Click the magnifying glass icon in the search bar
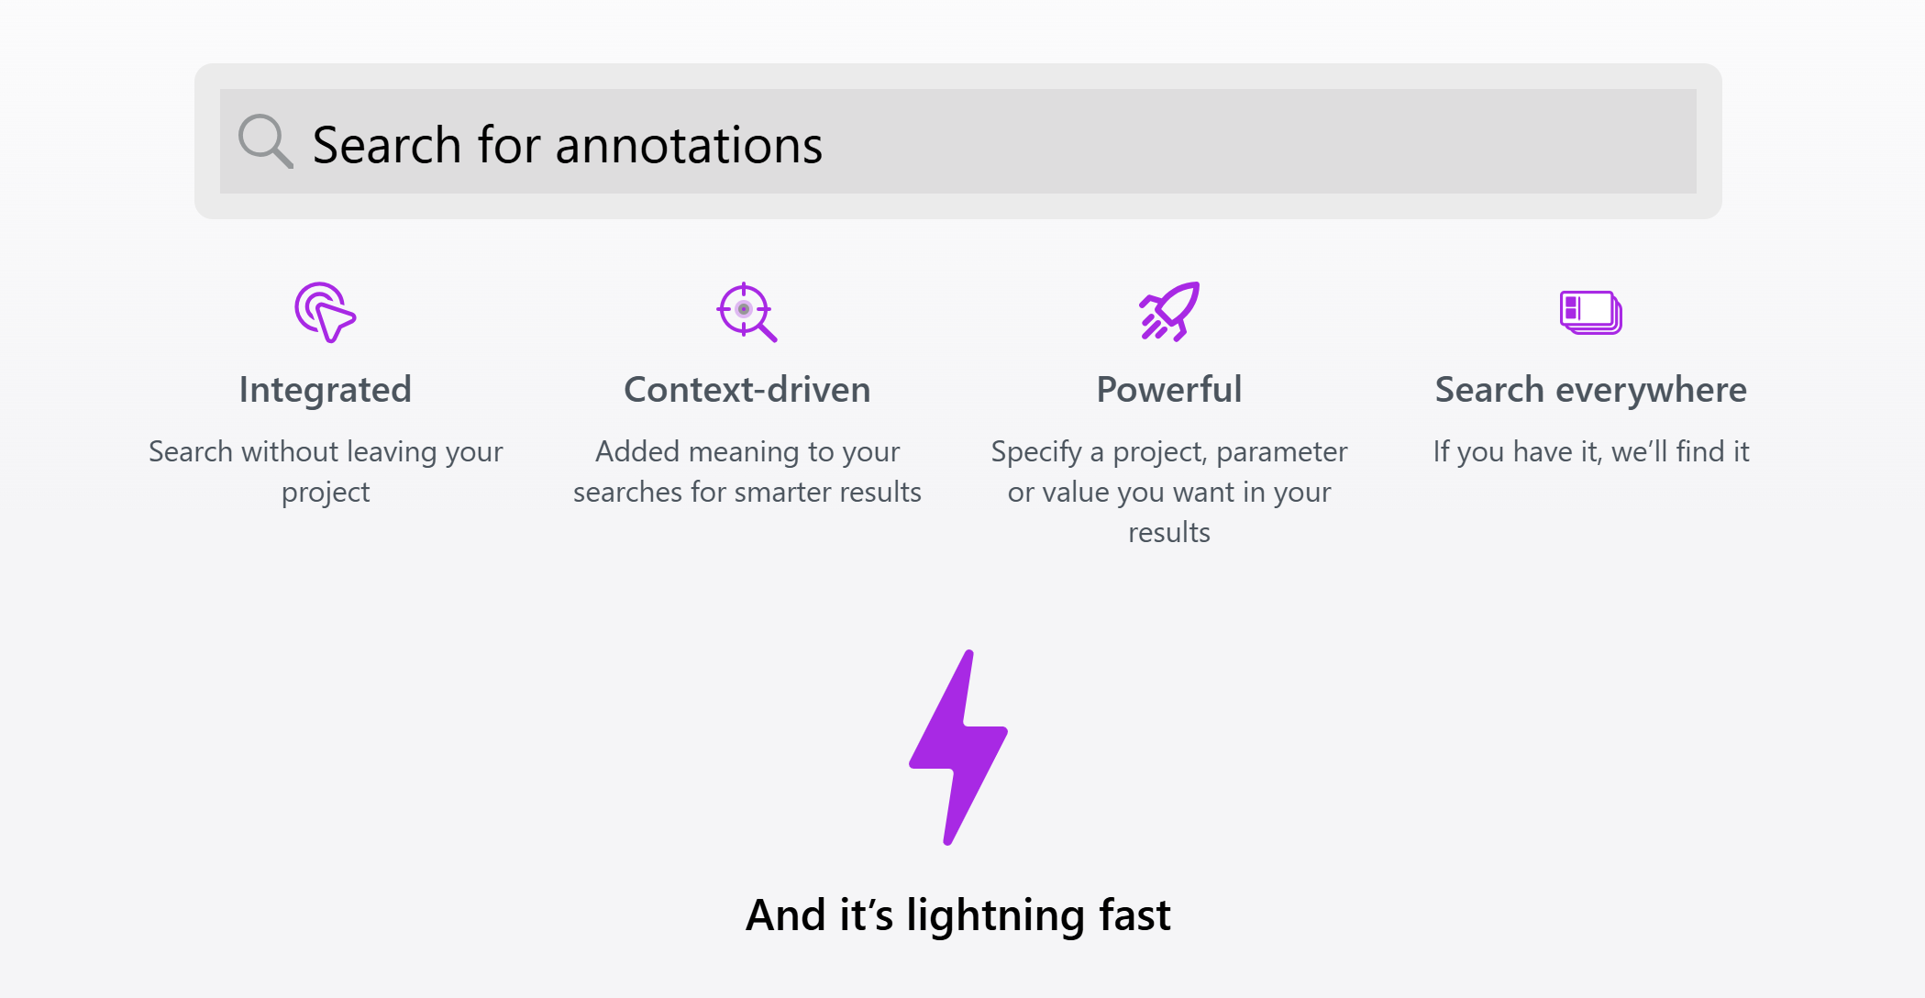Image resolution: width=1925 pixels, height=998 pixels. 265,141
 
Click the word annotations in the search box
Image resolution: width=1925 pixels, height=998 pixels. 689,146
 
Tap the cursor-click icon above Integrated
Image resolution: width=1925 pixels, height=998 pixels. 325,312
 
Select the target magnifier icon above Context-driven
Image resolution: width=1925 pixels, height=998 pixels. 747,312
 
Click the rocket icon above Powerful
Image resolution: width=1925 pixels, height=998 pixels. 1169,312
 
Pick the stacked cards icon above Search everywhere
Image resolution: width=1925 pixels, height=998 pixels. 1590,313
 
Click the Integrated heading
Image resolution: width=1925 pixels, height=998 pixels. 326,390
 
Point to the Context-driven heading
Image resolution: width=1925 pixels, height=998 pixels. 747,390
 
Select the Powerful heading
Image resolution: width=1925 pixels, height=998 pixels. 1169,390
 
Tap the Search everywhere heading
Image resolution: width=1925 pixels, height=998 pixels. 1591,390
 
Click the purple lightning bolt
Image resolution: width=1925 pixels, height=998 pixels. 958,748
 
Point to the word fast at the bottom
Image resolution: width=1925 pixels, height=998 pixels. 1134,915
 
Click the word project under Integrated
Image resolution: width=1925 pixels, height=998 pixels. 326,493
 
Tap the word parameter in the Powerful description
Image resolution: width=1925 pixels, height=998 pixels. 1282,452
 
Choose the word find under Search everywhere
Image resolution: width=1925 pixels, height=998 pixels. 1700,451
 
